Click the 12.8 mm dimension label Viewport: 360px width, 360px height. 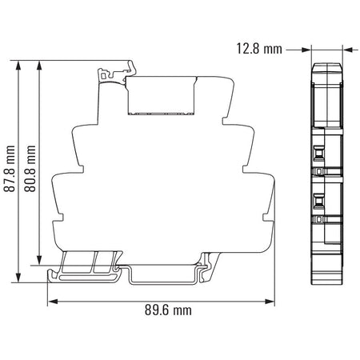click(259, 49)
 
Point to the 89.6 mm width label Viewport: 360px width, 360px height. click(168, 310)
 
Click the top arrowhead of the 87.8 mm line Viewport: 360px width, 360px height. click(18, 66)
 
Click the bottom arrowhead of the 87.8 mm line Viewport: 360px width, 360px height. click(18, 278)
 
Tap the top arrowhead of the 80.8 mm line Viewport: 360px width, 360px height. click(39, 66)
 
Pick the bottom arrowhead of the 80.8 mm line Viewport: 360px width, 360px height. click(39, 261)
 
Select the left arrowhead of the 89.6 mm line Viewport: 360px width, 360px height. click(53, 302)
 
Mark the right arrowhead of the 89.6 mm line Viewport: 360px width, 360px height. click(270, 302)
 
